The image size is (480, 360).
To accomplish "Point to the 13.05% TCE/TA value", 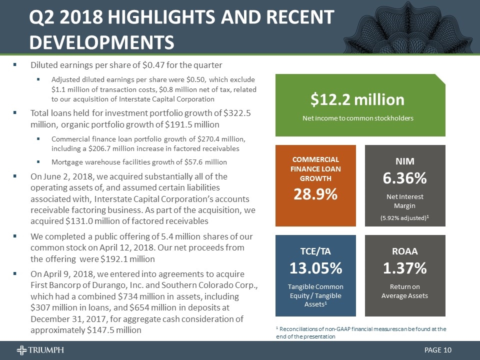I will point(316,268).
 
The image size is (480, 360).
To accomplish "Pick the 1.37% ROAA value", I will point(405,268).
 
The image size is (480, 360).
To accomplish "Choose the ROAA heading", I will point(405,250).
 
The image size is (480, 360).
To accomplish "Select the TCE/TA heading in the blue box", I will point(316,250).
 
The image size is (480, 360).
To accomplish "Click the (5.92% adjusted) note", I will point(404,218).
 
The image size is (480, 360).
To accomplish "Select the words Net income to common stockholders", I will point(357,118).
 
